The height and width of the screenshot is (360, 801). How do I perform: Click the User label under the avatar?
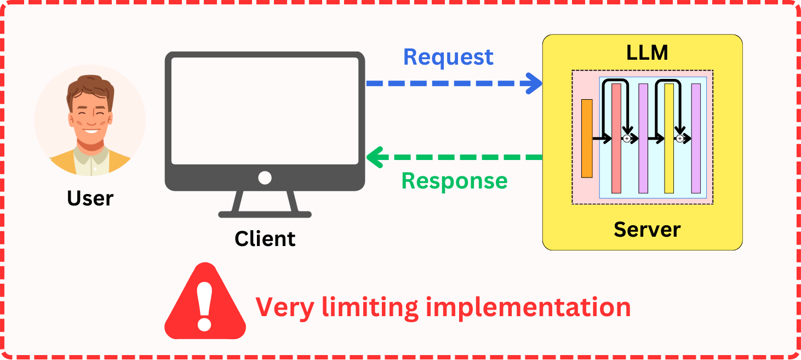point(90,198)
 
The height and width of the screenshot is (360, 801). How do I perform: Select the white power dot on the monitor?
point(265,178)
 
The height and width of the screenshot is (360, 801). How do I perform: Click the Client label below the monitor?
point(265,239)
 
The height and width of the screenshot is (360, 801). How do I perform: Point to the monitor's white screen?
point(265,110)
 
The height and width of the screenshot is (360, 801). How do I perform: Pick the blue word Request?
point(448,57)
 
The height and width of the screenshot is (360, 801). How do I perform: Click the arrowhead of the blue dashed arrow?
point(533,83)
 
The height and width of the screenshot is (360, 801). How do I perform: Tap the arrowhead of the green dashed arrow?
point(375,157)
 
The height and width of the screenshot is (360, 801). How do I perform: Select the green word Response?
point(454,181)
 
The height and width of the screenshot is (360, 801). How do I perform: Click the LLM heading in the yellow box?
point(647,53)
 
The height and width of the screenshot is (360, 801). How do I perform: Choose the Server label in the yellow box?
point(647,229)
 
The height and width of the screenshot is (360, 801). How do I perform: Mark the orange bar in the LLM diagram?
point(587,139)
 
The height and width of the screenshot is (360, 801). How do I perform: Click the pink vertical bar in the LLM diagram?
point(616,138)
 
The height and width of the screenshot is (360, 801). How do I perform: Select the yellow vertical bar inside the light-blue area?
point(669,138)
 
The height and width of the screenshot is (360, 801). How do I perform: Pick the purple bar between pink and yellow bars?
point(643,138)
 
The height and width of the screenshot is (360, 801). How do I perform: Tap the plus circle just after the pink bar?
point(627,139)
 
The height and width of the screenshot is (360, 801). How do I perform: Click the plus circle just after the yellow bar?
point(680,139)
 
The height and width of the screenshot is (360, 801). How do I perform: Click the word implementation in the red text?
point(528,307)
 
